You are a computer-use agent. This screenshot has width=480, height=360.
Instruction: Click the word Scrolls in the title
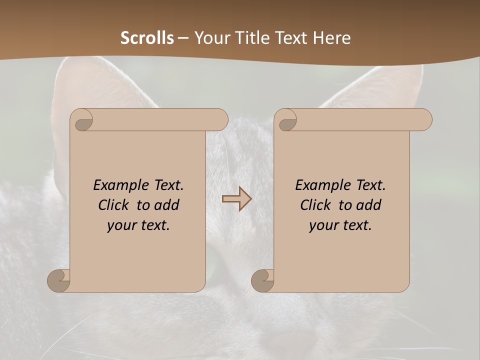point(147,38)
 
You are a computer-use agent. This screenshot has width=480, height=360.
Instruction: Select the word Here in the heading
point(331,38)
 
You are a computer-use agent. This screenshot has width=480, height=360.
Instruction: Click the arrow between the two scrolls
point(236,199)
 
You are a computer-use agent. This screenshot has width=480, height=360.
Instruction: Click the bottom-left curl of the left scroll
point(58,280)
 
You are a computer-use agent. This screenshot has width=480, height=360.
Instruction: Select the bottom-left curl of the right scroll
point(262,280)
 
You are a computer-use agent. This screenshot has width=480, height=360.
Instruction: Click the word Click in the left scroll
point(114,205)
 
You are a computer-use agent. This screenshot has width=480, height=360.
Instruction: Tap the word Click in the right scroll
point(315,205)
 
